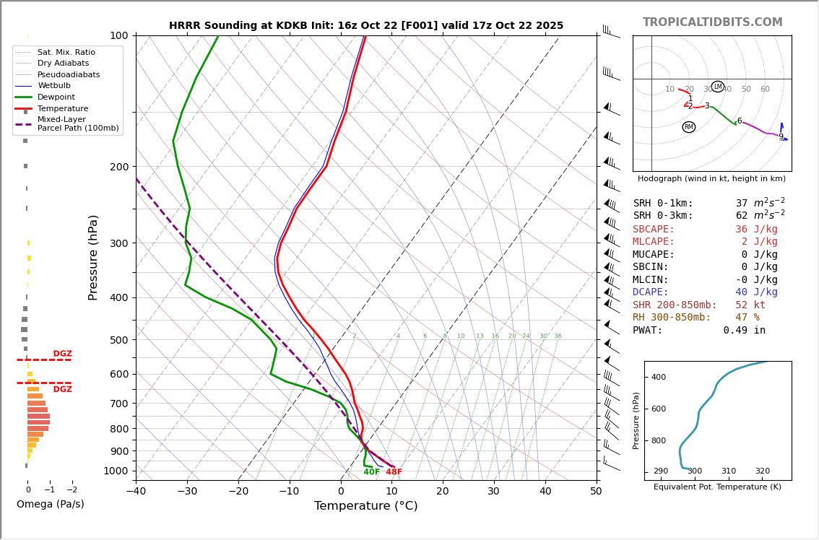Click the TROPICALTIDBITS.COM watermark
712,22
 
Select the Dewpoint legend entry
56,97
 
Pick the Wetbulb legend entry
54,86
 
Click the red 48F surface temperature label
394,472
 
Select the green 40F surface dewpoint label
371,472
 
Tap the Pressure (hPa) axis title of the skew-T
93,257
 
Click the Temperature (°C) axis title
365,507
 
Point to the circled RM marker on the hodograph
688,127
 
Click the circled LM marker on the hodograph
717,87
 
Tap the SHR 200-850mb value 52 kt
750,305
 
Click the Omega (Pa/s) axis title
50,505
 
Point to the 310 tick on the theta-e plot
728,471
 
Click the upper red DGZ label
62,354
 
